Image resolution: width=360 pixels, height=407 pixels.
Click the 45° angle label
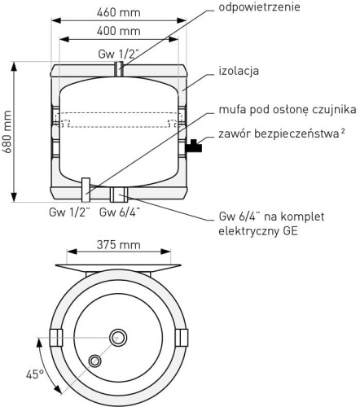34,374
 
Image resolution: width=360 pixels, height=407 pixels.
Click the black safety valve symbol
194,147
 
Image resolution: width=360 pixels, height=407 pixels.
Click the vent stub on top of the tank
120,69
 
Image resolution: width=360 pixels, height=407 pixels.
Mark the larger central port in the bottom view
120,338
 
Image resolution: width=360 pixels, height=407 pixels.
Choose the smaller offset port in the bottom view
97,360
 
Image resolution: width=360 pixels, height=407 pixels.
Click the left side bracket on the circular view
57,337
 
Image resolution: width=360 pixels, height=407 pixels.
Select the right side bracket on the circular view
182,337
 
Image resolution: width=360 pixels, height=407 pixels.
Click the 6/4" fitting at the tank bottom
120,194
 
